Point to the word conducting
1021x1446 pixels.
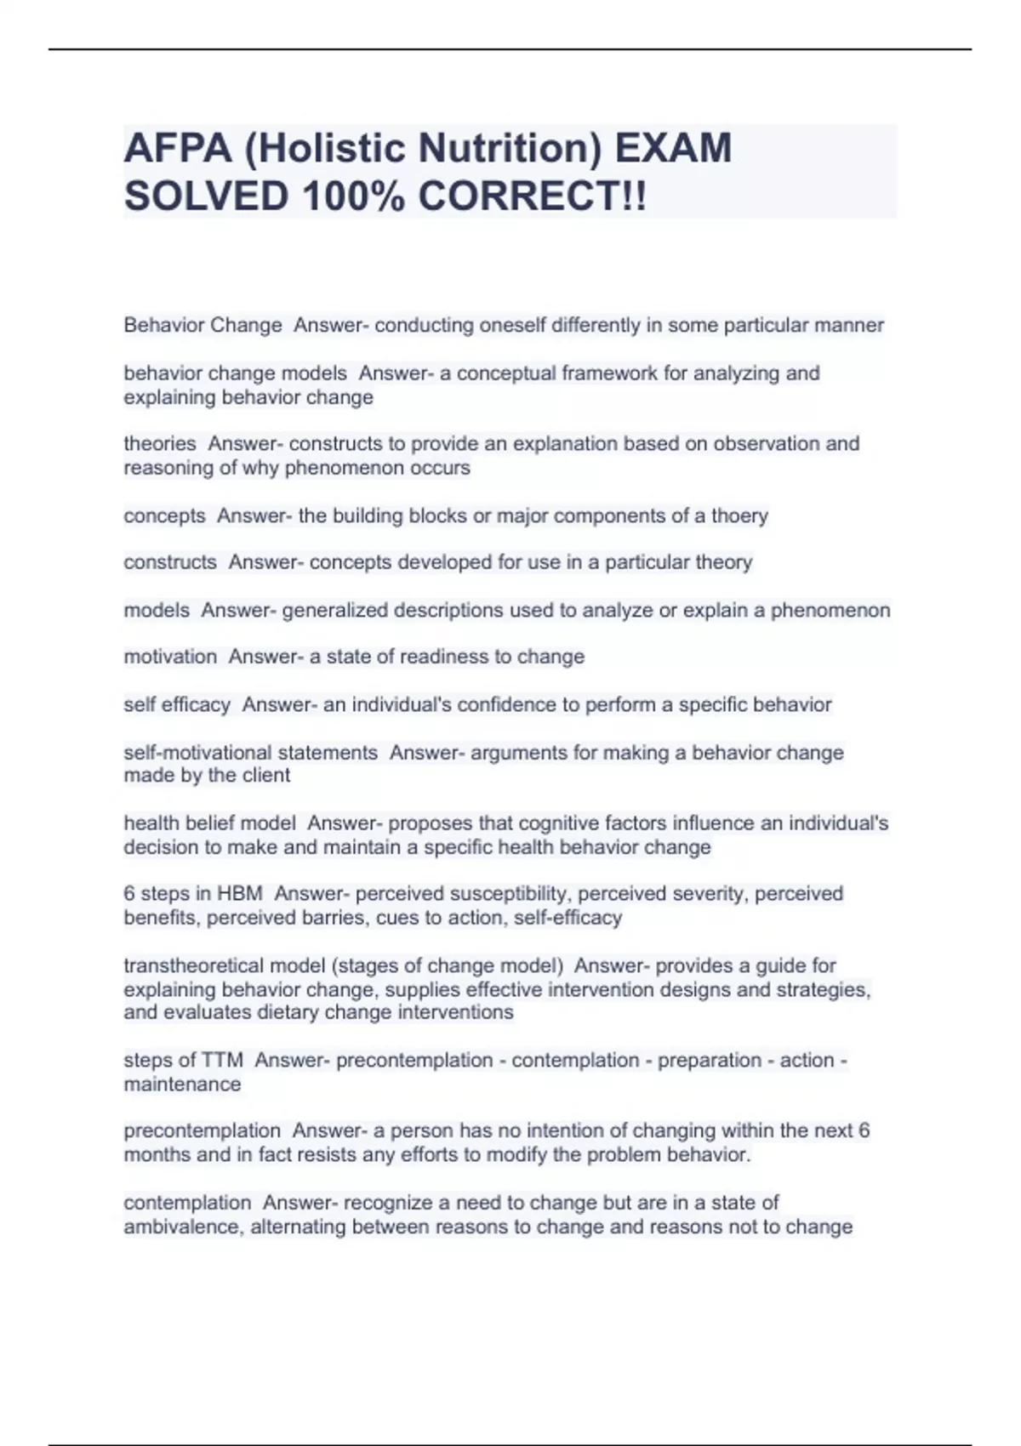[424, 325]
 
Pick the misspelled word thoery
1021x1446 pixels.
[739, 515]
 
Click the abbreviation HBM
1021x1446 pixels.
[240, 893]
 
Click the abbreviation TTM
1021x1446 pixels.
[222, 1060]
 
